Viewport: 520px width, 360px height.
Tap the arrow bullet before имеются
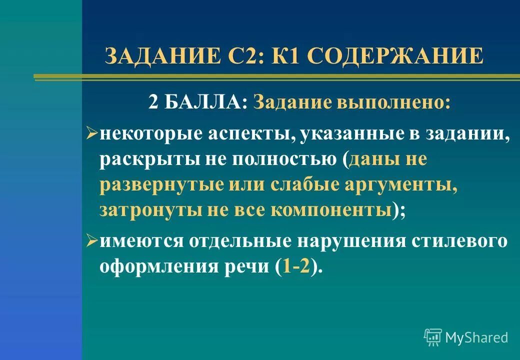pyautogui.click(x=92, y=240)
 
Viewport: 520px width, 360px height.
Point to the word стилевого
pyautogui.click(x=459, y=241)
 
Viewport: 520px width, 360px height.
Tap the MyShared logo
pyautogui.click(x=466, y=337)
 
